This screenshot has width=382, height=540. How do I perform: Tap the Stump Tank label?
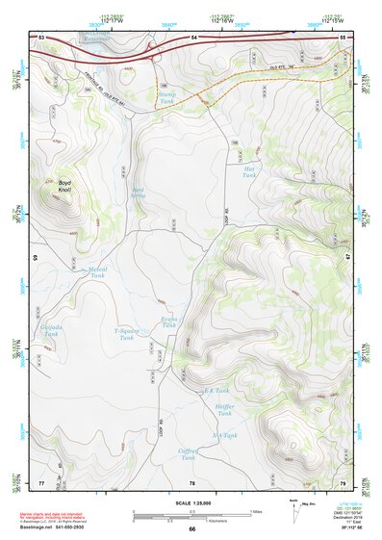[167, 98]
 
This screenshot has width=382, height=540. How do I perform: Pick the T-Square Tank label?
[125, 333]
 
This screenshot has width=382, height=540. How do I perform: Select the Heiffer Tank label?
[225, 409]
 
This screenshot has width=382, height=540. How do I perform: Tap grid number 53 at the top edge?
[41, 37]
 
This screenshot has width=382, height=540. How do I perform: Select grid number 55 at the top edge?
[343, 37]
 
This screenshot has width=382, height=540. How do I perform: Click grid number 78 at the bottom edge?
[192, 481]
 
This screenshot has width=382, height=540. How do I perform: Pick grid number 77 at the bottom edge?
[41, 481]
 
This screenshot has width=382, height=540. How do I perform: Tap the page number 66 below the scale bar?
[191, 528]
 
